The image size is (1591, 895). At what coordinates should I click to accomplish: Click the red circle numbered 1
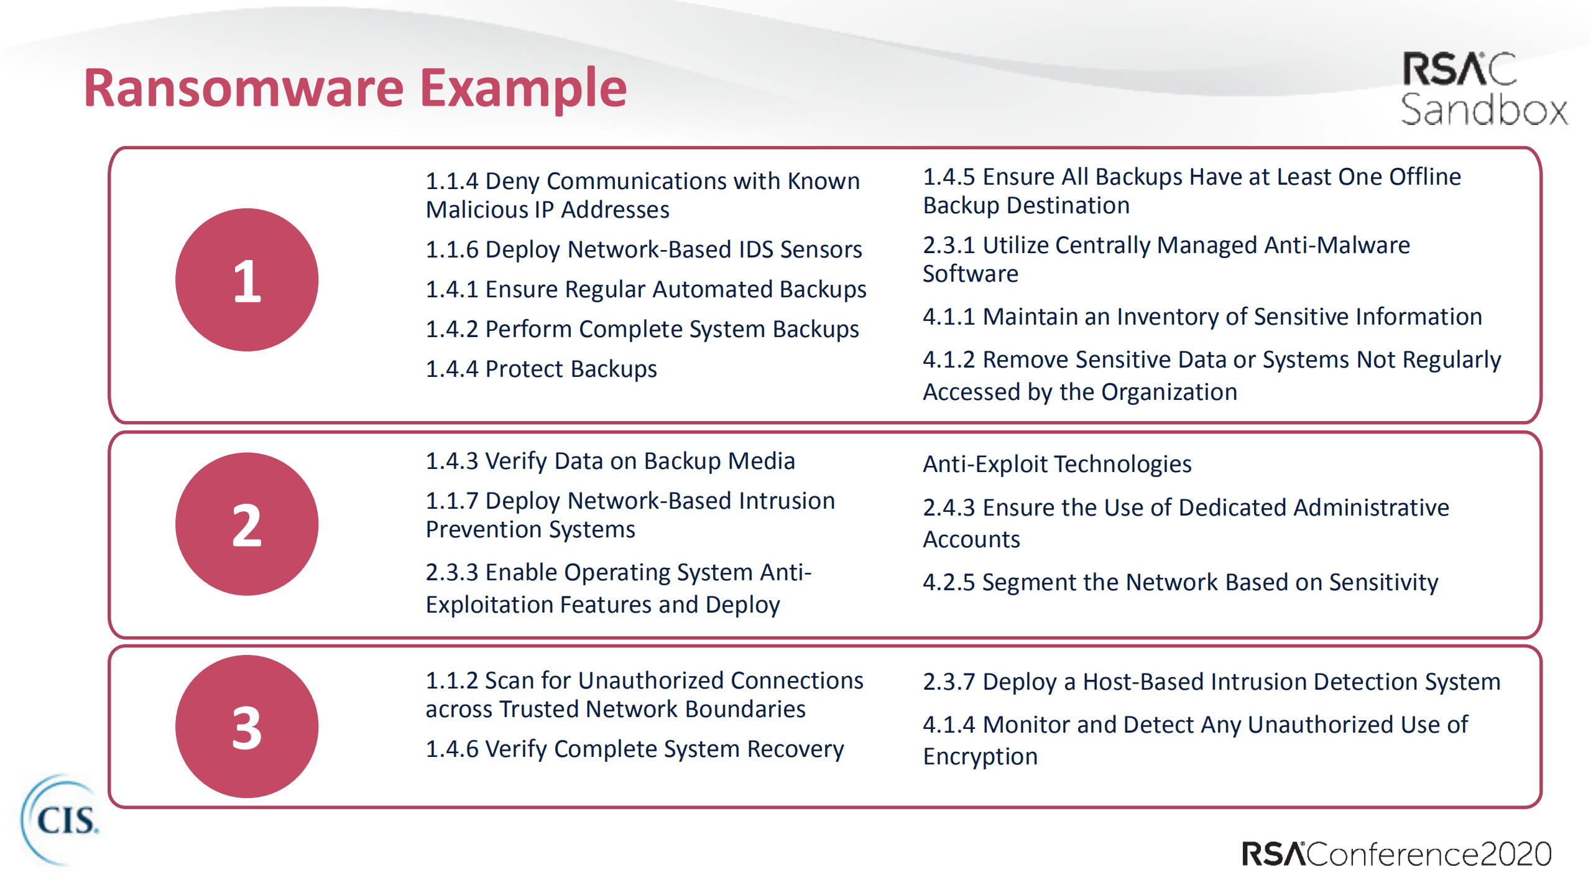[x=247, y=280]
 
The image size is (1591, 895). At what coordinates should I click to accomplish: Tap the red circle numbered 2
[x=247, y=524]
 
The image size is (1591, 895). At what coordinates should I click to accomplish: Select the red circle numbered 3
[x=247, y=726]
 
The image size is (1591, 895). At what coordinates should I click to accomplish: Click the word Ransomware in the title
[x=244, y=88]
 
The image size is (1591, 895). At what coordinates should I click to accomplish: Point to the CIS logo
[x=60, y=820]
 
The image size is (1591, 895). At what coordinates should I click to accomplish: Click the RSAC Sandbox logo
[x=1483, y=89]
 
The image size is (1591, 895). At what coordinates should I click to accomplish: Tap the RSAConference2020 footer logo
[x=1396, y=854]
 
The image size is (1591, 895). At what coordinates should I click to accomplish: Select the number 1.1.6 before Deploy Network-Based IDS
[x=452, y=249]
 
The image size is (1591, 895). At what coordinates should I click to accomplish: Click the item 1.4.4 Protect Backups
[x=541, y=369]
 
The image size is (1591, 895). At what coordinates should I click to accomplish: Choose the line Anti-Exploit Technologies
[x=1057, y=464]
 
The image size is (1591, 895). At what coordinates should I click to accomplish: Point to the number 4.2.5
[x=949, y=582]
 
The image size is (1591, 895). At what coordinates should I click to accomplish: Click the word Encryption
[x=980, y=756]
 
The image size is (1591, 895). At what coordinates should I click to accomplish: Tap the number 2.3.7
[x=949, y=682]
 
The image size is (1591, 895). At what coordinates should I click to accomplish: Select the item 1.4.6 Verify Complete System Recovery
[x=635, y=749]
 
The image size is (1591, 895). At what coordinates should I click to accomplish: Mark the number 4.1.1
[x=949, y=317]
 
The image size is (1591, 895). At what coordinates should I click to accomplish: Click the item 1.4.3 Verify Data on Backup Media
[x=611, y=461]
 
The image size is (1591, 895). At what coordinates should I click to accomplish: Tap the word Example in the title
[x=523, y=89]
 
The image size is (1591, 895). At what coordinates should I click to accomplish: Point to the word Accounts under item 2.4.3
[x=972, y=539]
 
